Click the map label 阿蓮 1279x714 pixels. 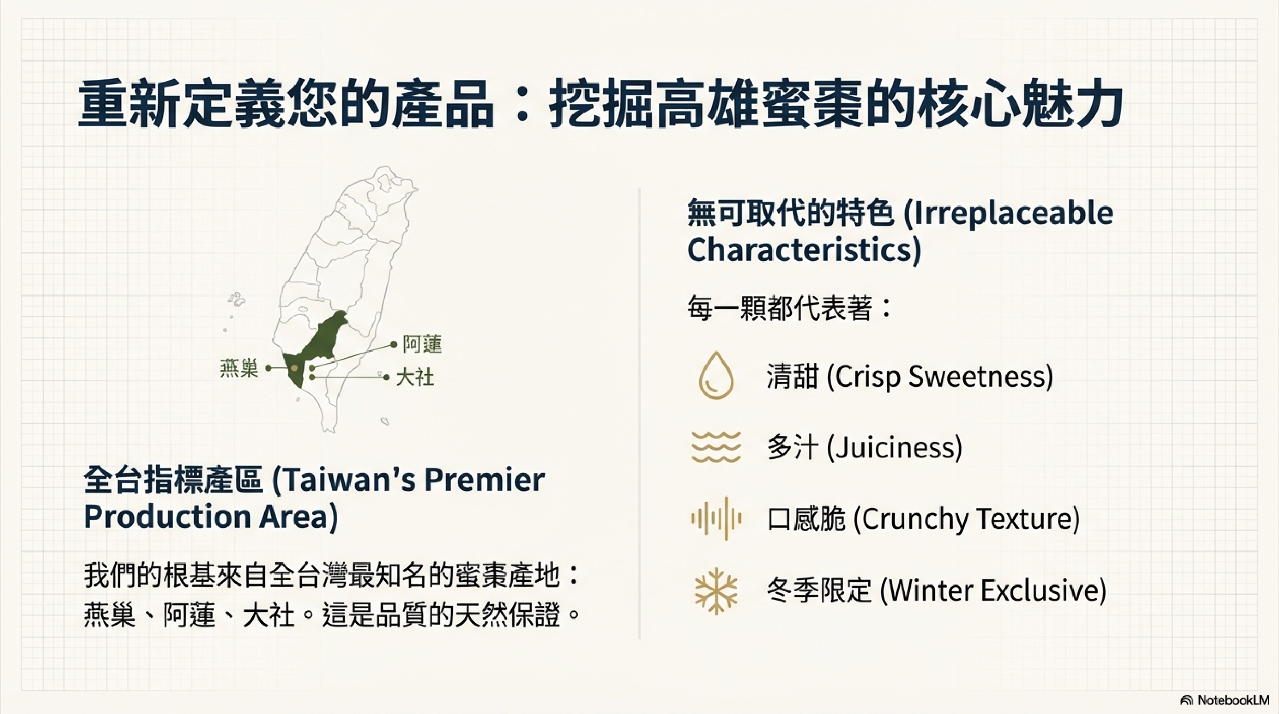(x=422, y=344)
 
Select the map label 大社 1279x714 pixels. (x=415, y=378)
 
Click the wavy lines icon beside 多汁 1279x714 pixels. (x=716, y=447)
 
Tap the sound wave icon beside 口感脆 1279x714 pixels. (x=716, y=519)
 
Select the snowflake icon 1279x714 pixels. (x=716, y=591)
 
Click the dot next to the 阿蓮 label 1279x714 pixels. (x=394, y=344)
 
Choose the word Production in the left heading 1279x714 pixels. (x=167, y=517)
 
